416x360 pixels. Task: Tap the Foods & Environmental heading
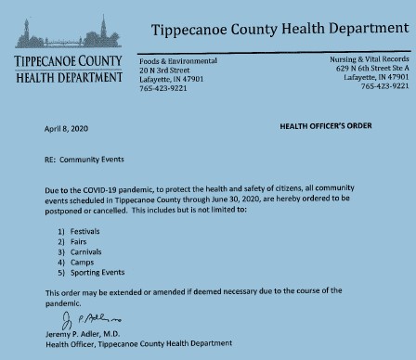(x=177, y=60)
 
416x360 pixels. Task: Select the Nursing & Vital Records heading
(x=369, y=58)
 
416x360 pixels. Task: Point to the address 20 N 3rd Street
(x=163, y=69)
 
